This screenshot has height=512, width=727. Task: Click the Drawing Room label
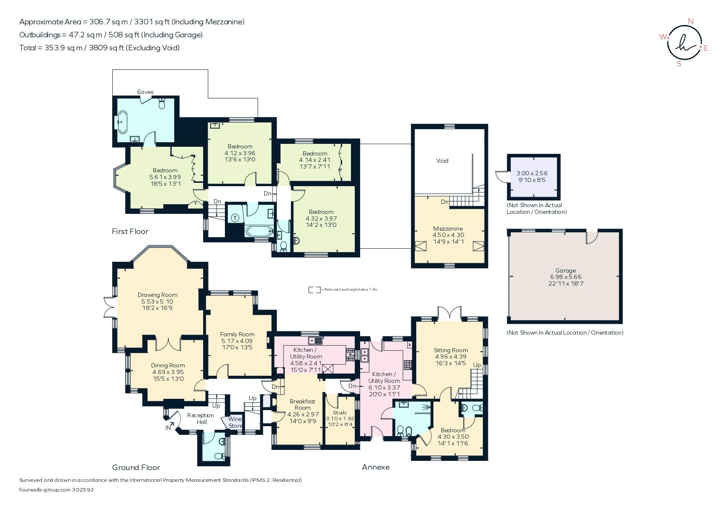(x=157, y=295)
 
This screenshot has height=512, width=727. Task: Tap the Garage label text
(x=565, y=270)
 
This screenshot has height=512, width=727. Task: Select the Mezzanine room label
(x=448, y=229)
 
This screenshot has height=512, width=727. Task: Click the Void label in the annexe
(x=442, y=161)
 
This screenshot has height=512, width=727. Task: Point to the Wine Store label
(x=235, y=422)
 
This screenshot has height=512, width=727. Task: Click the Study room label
(x=340, y=413)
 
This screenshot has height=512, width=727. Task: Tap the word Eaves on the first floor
(x=145, y=92)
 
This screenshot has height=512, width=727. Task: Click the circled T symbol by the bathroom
(x=235, y=218)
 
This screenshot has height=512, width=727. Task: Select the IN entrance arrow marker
(x=168, y=428)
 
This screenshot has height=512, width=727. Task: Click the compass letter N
(x=691, y=21)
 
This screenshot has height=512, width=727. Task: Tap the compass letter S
(x=679, y=64)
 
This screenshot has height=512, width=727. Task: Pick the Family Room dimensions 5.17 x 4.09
(x=237, y=341)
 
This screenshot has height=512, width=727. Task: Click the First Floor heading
(x=130, y=231)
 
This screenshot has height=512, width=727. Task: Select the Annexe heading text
(x=376, y=467)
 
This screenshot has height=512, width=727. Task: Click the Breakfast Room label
(x=302, y=404)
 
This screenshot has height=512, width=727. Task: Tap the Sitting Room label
(x=451, y=350)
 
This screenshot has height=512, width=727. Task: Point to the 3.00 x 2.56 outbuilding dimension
(x=532, y=173)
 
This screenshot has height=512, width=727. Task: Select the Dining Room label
(x=168, y=365)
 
